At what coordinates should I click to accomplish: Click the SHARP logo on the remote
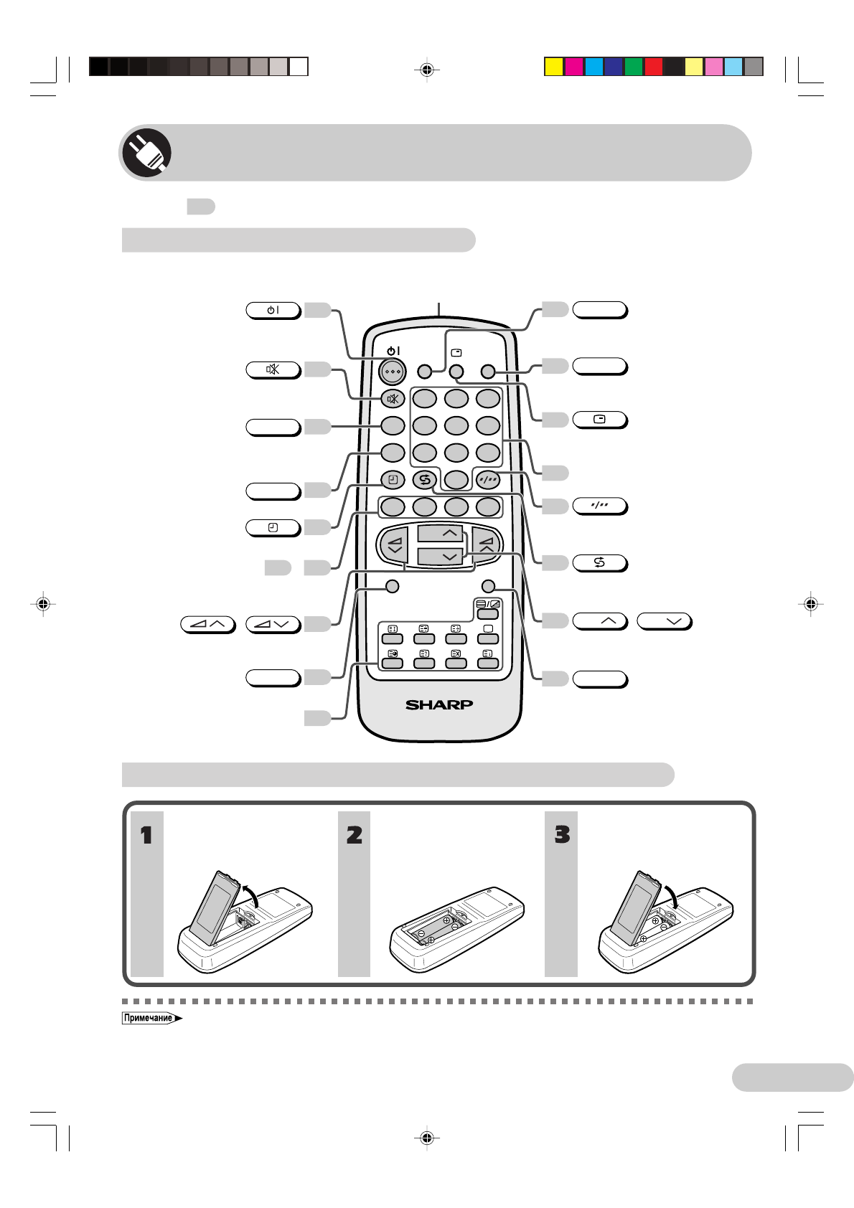pyautogui.click(x=439, y=704)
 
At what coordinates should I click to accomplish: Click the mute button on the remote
pyautogui.click(x=393, y=399)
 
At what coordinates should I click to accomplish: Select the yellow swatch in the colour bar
pyautogui.click(x=553, y=67)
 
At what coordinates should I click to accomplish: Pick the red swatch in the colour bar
pyautogui.click(x=653, y=67)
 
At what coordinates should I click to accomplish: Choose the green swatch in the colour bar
pyautogui.click(x=633, y=67)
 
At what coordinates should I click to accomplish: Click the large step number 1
pyautogui.click(x=146, y=835)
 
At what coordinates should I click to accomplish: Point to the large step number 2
pyautogui.click(x=355, y=835)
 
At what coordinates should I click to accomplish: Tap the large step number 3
pyautogui.click(x=562, y=834)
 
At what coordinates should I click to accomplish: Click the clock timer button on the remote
pyautogui.click(x=393, y=479)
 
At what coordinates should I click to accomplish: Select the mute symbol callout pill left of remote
pyautogui.click(x=273, y=369)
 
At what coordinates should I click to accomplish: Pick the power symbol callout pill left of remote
pyautogui.click(x=273, y=310)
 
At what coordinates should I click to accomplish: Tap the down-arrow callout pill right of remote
pyautogui.click(x=664, y=620)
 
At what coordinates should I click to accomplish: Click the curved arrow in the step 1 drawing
pyautogui.click(x=251, y=895)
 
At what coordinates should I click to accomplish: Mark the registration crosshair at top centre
pyautogui.click(x=427, y=70)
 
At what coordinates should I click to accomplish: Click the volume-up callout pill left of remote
pyautogui.click(x=207, y=623)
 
